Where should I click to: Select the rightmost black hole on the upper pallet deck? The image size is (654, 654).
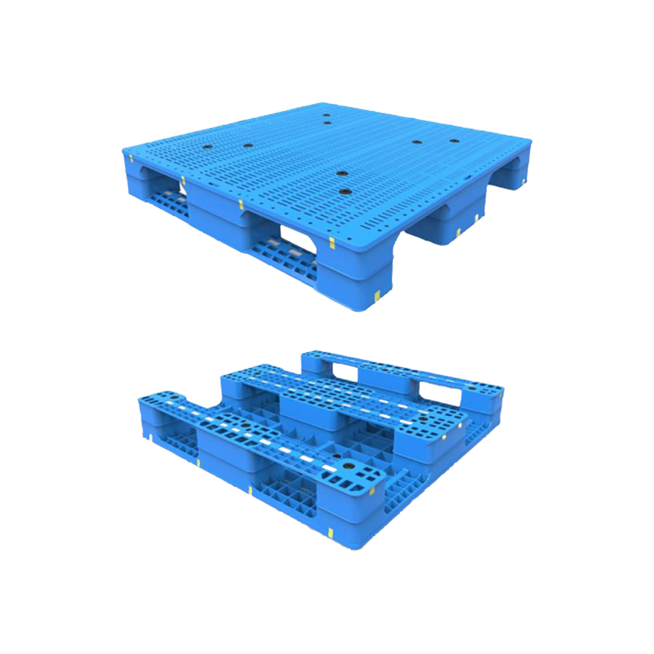click(454, 141)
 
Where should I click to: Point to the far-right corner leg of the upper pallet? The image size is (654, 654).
click(517, 167)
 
